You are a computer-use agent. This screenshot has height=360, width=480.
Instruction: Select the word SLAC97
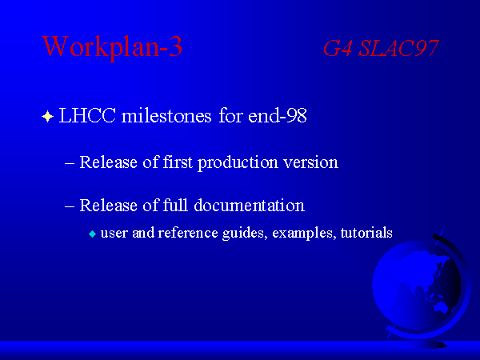398,48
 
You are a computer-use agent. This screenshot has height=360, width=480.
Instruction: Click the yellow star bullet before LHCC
48,117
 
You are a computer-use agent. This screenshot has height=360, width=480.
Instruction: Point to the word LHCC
87,116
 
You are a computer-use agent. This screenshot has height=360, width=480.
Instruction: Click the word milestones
166,116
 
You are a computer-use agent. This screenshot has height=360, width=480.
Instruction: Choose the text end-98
278,116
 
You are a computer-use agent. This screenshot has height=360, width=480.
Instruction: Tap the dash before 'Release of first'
70,163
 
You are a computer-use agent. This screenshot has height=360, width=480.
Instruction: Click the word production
238,163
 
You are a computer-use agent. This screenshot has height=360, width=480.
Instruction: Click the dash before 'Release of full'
70,206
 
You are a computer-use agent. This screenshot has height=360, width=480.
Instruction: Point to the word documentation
249,206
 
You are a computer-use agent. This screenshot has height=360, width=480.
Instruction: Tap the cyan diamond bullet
92,234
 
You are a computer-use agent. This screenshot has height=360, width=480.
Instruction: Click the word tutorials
366,233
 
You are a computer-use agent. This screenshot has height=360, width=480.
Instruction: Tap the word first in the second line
178,162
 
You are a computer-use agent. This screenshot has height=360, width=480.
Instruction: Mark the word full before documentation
175,205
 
